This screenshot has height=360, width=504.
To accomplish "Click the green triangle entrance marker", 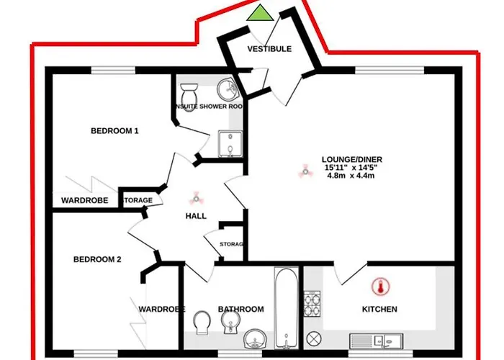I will point(260,12).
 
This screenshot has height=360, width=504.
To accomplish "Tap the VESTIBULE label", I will point(269,49).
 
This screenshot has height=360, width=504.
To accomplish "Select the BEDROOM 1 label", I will point(114,131).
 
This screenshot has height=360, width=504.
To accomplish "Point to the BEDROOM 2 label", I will point(97,260).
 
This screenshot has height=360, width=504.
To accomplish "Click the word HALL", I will point(195,216).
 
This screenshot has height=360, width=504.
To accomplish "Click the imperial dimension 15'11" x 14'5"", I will point(351,168).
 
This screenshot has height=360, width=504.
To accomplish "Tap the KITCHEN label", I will point(379,309).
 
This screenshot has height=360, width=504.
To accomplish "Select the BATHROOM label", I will point(240,309).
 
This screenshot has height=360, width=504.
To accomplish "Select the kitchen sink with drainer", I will point(378,340).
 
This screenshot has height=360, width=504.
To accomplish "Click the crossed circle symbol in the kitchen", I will point(313,338).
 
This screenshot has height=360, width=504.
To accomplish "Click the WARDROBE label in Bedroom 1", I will point(85,199).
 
